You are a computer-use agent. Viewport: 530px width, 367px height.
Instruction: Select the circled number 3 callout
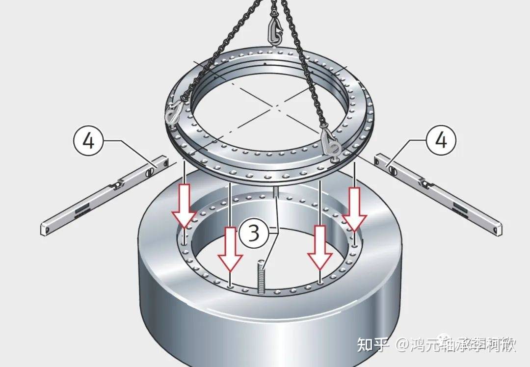pos(253,233)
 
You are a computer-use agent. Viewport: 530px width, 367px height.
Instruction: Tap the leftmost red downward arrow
pos(183,206)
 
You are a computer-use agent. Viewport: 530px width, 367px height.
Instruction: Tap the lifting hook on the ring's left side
pos(173,114)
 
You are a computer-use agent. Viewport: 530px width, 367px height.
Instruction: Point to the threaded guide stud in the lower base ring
pos(261,278)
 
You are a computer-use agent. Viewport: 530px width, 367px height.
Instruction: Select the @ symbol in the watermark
pos(403,345)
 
